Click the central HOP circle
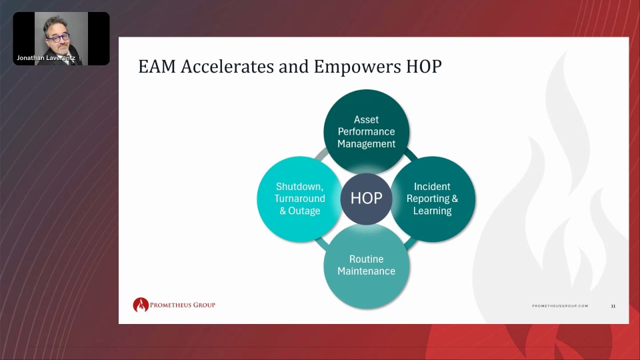click(367, 199)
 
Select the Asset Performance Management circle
click(367, 132)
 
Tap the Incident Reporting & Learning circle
click(433, 199)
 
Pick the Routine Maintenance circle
click(367, 266)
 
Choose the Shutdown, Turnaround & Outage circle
click(299, 199)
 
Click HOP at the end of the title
click(424, 67)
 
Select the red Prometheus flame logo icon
click(141, 305)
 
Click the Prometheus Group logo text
click(183, 305)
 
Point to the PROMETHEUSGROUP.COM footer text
click(560, 306)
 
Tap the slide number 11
click(613, 306)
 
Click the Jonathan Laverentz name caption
click(46, 58)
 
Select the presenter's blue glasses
click(59, 39)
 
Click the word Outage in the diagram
click(304, 211)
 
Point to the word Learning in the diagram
click(432, 211)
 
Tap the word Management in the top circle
click(367, 144)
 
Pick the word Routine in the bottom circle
click(367, 259)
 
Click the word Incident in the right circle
click(432, 187)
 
